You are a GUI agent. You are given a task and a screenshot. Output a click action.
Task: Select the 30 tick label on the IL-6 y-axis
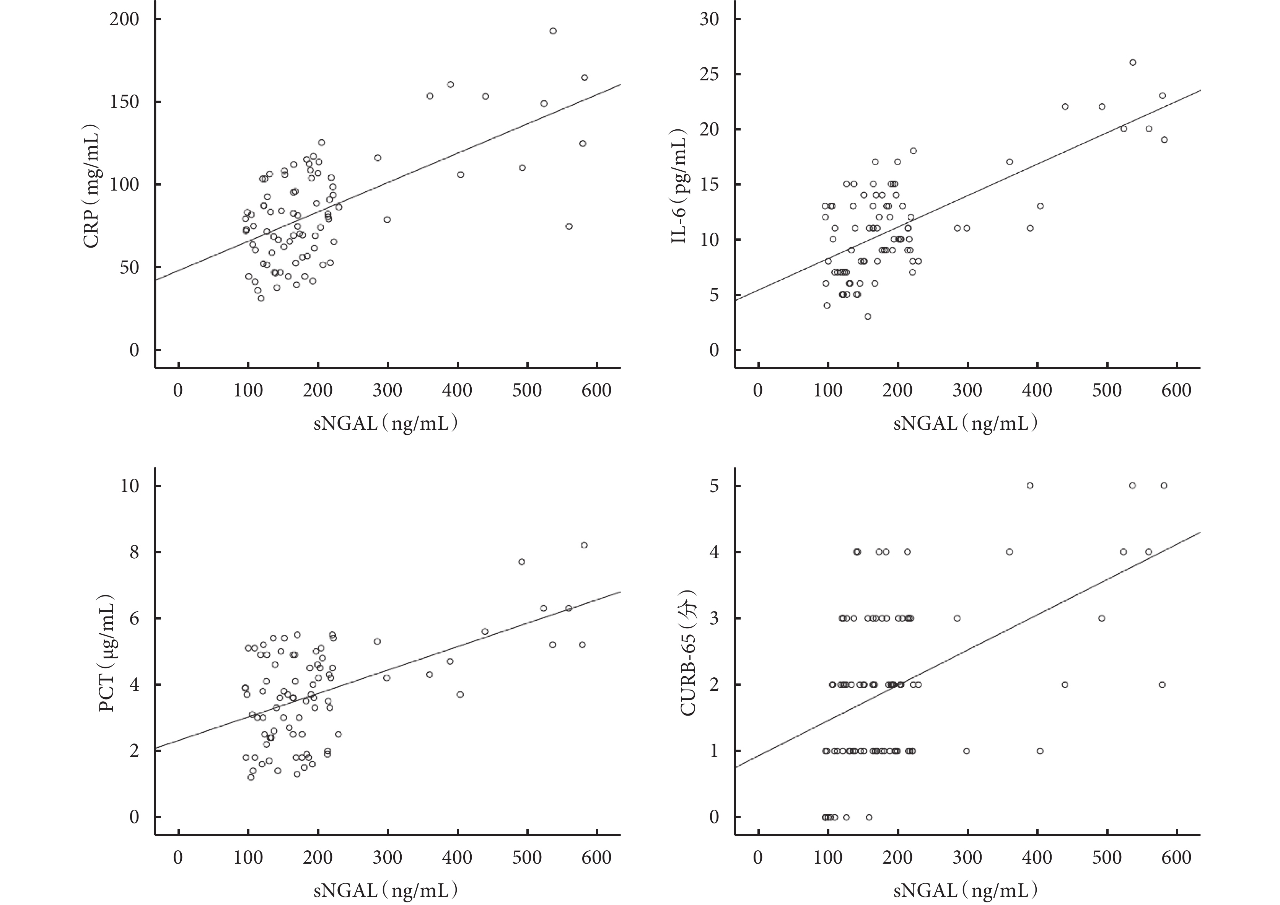coord(708,20)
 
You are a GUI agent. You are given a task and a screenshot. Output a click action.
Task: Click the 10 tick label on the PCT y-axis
coord(129,486)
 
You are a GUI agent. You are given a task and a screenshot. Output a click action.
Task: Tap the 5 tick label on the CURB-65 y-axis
coord(714,486)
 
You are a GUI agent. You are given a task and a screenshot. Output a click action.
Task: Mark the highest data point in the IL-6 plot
coord(1133,62)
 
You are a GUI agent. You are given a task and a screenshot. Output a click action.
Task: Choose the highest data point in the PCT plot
coord(584,545)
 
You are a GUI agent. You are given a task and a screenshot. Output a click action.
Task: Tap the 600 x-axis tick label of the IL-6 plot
coord(1176,390)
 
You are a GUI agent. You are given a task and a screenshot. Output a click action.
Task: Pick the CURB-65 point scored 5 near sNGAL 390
coord(1030,486)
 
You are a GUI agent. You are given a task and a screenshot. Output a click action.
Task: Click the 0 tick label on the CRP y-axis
coord(134,350)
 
